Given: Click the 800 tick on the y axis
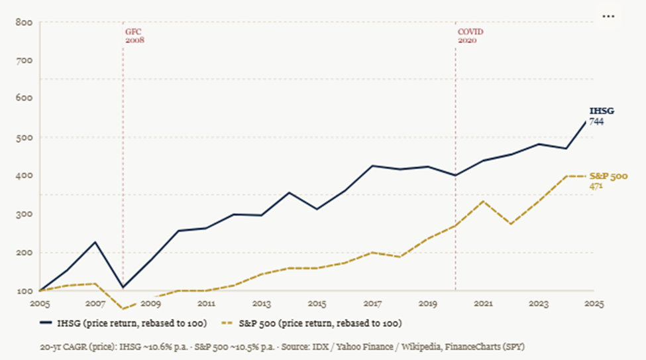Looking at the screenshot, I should pos(24,23).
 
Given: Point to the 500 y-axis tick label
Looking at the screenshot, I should pos(24,137).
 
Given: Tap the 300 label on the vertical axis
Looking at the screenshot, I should pos(24,214).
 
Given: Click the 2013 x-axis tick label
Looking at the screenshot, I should pos(262,304).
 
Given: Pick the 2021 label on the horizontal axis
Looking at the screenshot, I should pos(483,304).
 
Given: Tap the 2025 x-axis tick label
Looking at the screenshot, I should pos(594,304).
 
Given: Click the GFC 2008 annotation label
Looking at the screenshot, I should pos(135,35).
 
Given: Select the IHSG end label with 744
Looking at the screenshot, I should pos(598,116).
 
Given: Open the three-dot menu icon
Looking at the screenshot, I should pos(608,15).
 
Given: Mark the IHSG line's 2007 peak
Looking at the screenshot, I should pos(95,242).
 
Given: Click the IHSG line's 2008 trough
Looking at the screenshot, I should pos(123,287).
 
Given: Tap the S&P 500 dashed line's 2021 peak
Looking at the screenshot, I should pos(483,201).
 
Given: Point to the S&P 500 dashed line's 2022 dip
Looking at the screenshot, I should pos(511,224).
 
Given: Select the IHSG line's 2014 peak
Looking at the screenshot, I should pos(289,192).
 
